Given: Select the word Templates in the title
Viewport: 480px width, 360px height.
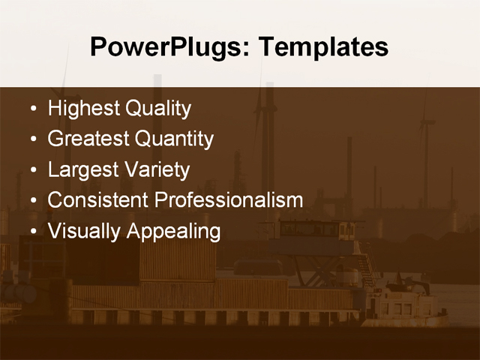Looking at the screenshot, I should click(x=323, y=47).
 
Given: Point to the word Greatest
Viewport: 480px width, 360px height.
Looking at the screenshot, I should click(x=88, y=139).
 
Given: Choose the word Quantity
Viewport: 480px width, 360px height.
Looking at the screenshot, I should click(x=174, y=139).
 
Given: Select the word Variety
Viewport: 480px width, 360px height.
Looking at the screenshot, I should click(x=157, y=169).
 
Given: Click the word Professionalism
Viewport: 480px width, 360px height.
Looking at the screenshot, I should click(x=229, y=200).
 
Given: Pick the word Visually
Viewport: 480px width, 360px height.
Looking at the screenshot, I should click(x=84, y=231).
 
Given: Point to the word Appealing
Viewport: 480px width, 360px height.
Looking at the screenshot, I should click(x=173, y=231).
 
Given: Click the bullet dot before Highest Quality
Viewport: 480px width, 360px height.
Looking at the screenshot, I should click(x=32, y=109).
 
